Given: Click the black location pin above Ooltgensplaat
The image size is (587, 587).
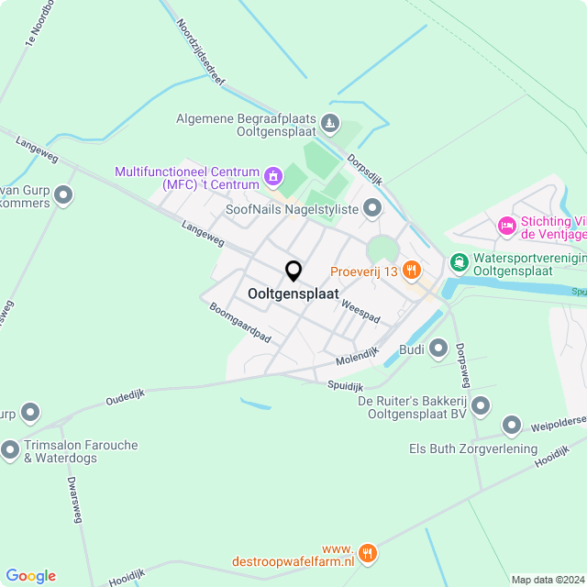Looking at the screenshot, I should coord(293,271).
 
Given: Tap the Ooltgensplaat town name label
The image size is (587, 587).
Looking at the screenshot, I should coord(293,294).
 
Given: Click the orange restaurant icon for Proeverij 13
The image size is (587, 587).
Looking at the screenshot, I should coord(413,271).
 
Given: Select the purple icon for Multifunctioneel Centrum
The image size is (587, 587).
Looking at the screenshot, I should coord(272,174).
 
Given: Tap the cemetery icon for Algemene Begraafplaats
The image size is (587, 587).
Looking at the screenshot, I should coord(330,123).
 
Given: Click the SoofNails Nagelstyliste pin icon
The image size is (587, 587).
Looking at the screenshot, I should coord(372,209).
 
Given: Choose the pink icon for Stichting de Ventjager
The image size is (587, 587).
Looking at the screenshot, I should coord(506,225).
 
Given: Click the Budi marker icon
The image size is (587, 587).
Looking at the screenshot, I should coord(438,349).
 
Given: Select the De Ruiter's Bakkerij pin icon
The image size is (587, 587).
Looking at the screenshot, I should coord(480,406).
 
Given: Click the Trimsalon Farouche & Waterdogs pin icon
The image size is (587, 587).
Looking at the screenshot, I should coord(10,450).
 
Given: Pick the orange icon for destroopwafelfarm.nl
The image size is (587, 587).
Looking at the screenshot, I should coord(368,552).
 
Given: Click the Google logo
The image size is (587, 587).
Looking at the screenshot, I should coord(30,576).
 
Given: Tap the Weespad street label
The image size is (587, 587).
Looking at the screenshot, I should coord(360,308).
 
